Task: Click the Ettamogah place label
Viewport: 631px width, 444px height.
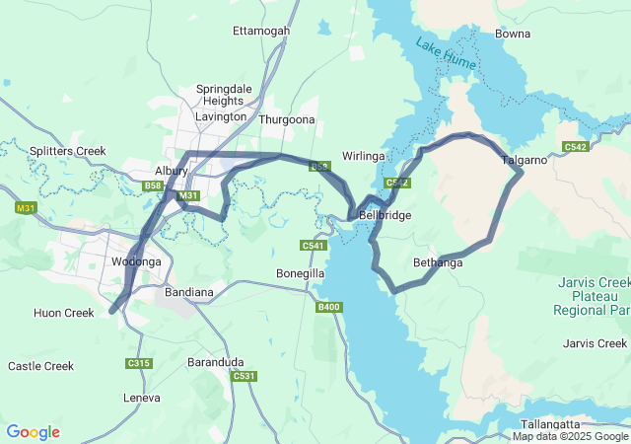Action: pyautogui.click(x=261, y=31)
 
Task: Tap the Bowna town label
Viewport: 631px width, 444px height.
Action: pyautogui.click(x=512, y=34)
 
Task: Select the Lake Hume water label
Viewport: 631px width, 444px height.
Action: pyautogui.click(x=446, y=55)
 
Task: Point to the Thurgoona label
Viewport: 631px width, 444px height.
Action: pyautogui.click(x=286, y=119)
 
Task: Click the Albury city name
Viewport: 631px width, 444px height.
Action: pyautogui.click(x=171, y=171)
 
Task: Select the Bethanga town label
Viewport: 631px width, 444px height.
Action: pyautogui.click(x=438, y=263)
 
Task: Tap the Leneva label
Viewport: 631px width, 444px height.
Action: pyautogui.click(x=141, y=398)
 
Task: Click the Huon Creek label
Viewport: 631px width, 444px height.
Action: pyautogui.click(x=63, y=313)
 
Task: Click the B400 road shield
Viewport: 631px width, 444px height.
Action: pyautogui.click(x=328, y=308)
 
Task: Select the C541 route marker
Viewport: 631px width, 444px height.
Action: pyautogui.click(x=313, y=245)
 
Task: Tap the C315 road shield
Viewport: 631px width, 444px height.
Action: pyautogui.click(x=139, y=364)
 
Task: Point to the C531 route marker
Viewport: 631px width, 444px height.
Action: pyautogui.click(x=244, y=376)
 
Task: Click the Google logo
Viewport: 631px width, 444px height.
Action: pyautogui.click(x=33, y=432)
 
